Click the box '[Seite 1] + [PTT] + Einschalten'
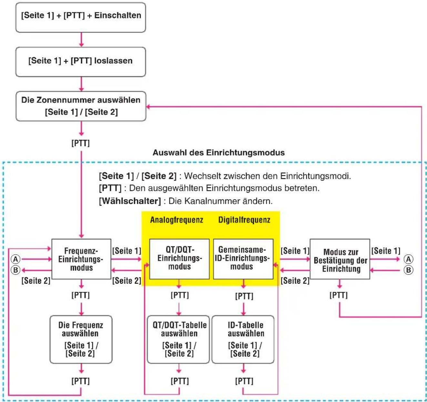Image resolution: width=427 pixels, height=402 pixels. click(x=81, y=17)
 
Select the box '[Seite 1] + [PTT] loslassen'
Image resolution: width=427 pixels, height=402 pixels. click(x=81, y=62)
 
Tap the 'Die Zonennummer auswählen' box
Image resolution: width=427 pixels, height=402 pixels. click(x=81, y=106)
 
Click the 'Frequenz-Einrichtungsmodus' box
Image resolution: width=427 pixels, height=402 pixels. click(x=81, y=259)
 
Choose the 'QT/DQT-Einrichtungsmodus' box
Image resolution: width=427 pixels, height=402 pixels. click(x=179, y=259)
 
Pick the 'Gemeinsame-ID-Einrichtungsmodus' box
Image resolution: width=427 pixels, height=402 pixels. click(x=243, y=259)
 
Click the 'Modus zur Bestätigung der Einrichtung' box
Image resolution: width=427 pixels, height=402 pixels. click(x=340, y=259)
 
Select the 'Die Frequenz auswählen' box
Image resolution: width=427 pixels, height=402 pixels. click(x=81, y=340)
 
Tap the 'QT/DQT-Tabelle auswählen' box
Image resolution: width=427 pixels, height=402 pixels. click(x=178, y=340)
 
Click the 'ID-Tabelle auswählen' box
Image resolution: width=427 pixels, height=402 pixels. click(x=243, y=340)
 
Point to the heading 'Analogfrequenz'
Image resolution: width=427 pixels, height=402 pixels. click(x=177, y=220)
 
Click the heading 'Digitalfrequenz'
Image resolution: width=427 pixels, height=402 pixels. click(x=244, y=220)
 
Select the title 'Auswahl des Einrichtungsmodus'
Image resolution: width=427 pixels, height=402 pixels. click(x=219, y=153)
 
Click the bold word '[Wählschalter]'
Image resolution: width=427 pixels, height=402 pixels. click(x=130, y=201)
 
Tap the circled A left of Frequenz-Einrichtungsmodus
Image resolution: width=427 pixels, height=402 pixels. click(x=15, y=259)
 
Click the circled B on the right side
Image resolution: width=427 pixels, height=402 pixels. click(x=409, y=270)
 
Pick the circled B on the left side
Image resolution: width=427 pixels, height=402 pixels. click(x=15, y=270)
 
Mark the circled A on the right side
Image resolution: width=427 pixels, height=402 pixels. click(x=409, y=259)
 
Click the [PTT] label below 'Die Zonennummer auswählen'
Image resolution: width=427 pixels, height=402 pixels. click(x=81, y=143)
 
